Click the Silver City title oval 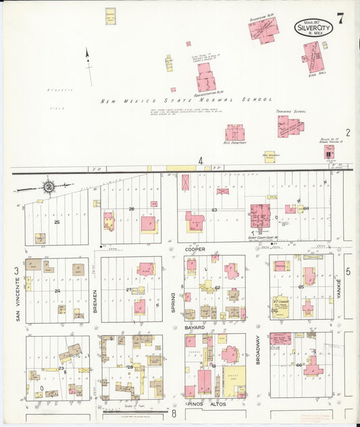[x=313, y=28]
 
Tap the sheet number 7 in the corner [x=342, y=19]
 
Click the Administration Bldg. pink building [x=205, y=82]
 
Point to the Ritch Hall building [x=312, y=57]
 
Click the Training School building [x=290, y=126]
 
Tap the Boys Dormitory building [x=235, y=132]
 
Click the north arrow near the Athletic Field [x=88, y=66]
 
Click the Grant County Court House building [x=259, y=217]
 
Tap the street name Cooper [x=195, y=249]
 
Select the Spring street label [x=174, y=301]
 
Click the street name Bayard [x=195, y=326]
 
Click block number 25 [x=57, y=222]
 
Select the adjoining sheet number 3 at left [x=16, y=271]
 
